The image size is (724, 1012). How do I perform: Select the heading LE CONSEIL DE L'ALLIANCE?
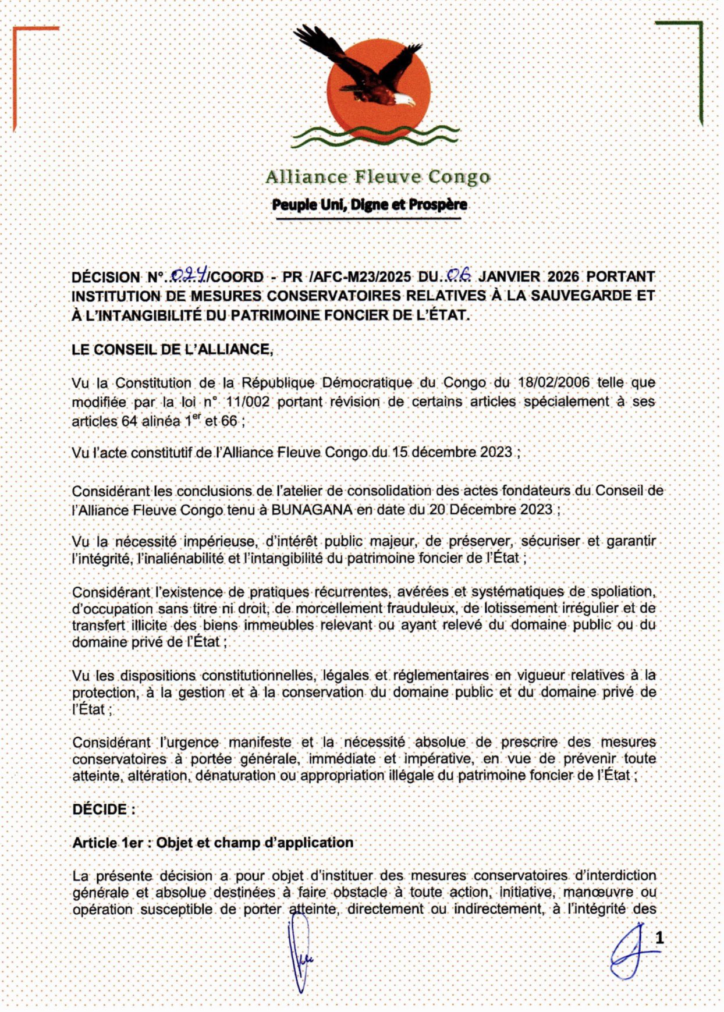coord(172,349)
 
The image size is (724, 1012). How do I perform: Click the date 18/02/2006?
coord(553,383)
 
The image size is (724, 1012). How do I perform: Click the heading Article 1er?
coord(108,843)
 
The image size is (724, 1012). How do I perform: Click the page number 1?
coord(659,938)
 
